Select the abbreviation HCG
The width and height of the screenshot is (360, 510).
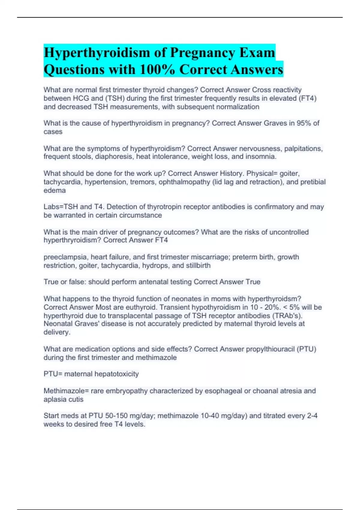[x=81, y=98]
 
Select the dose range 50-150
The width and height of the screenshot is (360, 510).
[x=115, y=416]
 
